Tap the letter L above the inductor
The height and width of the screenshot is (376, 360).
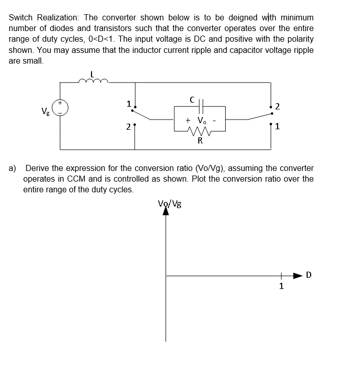[x=92, y=72]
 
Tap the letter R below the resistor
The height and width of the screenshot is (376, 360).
[x=200, y=141]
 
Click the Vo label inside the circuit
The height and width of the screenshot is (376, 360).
[x=202, y=121]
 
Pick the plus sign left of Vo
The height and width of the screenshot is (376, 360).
[x=188, y=121]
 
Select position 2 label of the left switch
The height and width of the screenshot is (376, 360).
[x=129, y=127]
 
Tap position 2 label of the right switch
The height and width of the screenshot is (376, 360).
[x=277, y=107]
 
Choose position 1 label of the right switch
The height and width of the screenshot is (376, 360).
[x=277, y=127]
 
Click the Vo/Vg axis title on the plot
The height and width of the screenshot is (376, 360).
[x=170, y=204]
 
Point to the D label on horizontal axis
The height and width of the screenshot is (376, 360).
[x=309, y=275]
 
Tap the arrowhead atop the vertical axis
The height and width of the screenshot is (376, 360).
[x=166, y=211]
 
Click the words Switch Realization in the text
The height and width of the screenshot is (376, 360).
[x=43, y=17]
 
